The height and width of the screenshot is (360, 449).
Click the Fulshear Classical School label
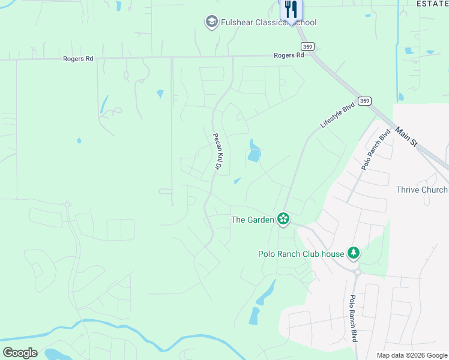point(268,23)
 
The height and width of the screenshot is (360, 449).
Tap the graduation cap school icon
point(211,23)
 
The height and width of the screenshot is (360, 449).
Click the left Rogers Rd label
point(79,59)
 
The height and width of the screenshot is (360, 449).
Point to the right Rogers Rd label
point(289,55)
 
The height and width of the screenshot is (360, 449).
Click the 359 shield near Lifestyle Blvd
point(364,101)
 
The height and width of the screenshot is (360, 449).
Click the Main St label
point(406,137)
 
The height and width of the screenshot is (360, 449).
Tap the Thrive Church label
point(422,190)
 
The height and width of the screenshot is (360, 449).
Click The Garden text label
point(252,220)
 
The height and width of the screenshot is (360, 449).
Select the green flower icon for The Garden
point(283,219)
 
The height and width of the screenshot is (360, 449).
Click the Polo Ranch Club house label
point(301,254)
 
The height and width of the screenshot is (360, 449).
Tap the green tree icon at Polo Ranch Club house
point(354,254)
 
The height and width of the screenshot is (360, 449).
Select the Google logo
point(20,353)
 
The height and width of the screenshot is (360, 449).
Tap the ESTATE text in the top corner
point(433,3)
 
